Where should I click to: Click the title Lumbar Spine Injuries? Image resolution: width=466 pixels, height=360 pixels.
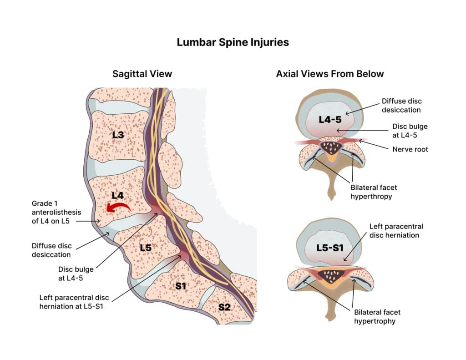pos(233,42)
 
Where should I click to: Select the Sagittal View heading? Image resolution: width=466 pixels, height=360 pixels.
pos(142,73)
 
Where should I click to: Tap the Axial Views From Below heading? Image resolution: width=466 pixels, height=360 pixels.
pos(330,73)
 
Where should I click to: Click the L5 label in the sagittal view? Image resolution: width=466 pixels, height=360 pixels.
pos(145,248)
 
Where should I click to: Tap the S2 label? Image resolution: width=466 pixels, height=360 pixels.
pos(224,307)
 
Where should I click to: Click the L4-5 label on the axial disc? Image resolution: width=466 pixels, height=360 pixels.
pos(330,120)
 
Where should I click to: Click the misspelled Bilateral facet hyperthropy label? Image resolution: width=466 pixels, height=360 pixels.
pos(371,192)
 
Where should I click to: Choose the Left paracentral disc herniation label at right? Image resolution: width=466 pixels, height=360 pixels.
pos(396,231)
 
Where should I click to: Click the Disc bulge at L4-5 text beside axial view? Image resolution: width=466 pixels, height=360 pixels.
pos(410,131)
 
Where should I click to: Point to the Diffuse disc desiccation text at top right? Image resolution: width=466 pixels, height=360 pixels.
pos(401,106)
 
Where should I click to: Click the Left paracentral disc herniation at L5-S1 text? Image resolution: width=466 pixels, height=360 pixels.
pos(74,302)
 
